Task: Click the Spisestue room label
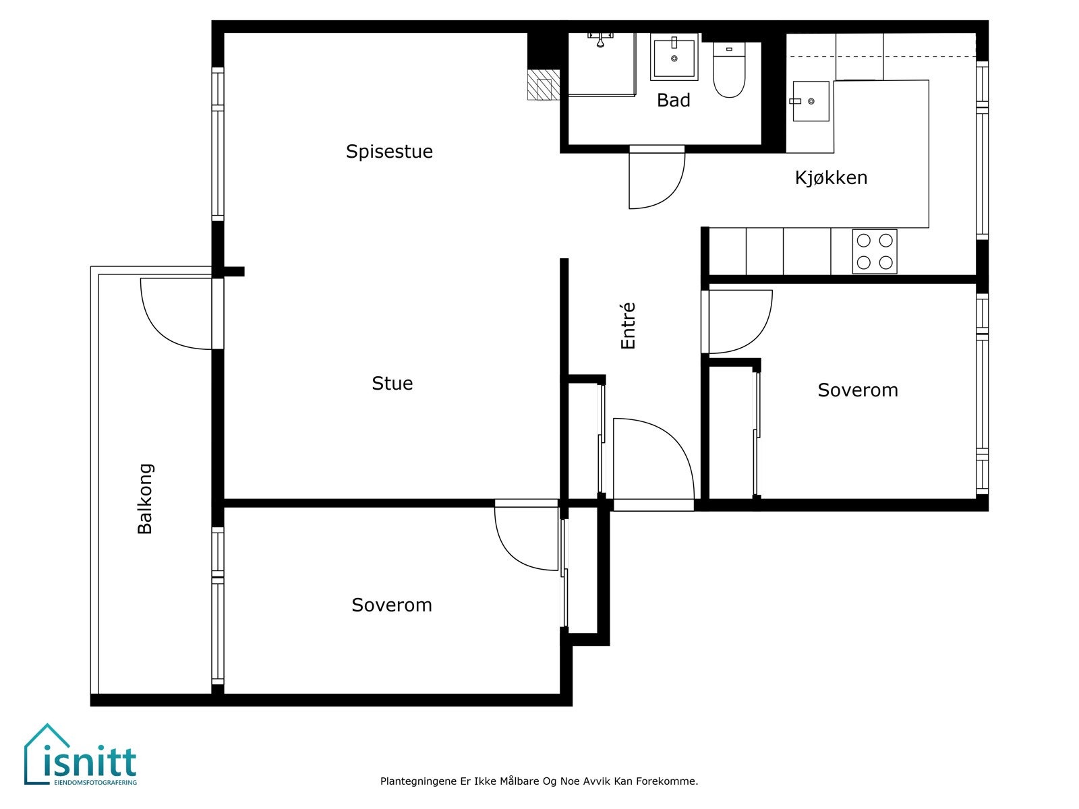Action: [x=389, y=151]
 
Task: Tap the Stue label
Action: [x=392, y=383]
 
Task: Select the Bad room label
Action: [x=674, y=100]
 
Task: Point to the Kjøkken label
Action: [x=832, y=177]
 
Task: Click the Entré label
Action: [x=629, y=326]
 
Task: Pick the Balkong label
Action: [x=145, y=499]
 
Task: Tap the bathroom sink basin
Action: [x=674, y=57]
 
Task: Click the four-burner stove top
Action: [x=875, y=251]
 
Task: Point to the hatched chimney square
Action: [x=544, y=85]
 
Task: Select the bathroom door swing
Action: [x=668, y=191]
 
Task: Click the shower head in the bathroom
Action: [x=600, y=39]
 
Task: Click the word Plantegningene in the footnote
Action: [x=418, y=781]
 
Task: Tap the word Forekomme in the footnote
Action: [x=667, y=781]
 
